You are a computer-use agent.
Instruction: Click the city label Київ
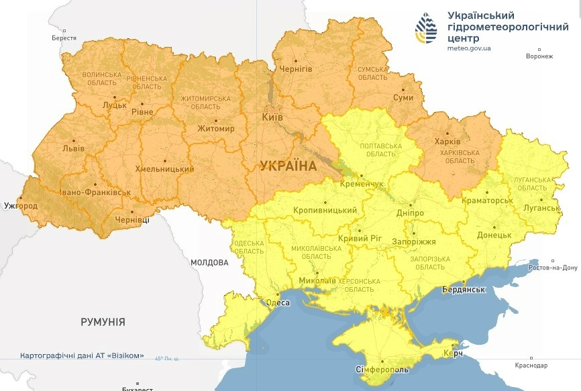coord(272,117)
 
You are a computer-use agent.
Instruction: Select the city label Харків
coord(447,142)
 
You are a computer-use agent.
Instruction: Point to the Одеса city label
coord(278,302)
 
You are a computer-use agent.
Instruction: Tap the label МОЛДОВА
coord(209,262)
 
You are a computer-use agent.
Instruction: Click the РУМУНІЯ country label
coord(103,322)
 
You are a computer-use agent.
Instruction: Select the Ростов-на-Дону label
coord(553,268)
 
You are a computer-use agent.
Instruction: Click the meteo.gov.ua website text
coord(469,48)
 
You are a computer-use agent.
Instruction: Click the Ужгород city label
coord(21,205)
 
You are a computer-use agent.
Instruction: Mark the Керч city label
coord(454,353)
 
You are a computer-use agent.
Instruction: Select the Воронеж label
coord(539,56)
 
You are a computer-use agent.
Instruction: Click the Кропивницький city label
coord(325,211)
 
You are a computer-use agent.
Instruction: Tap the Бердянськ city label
coord(463,289)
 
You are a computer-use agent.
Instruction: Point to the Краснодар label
coord(531,365)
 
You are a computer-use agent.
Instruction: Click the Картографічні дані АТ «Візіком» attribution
coord(82,355)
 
